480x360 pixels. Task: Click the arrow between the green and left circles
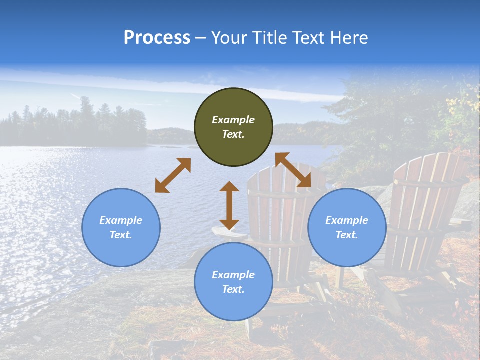173,175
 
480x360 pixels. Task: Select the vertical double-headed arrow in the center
229,205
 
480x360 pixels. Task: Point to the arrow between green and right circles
293,170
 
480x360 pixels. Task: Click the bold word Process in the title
157,37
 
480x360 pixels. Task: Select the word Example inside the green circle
233,120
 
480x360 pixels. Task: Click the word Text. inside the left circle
121,235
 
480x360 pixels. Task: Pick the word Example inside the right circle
347,220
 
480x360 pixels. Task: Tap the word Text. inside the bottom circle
233,289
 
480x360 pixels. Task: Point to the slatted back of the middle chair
285,200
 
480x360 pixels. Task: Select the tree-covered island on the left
75,127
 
